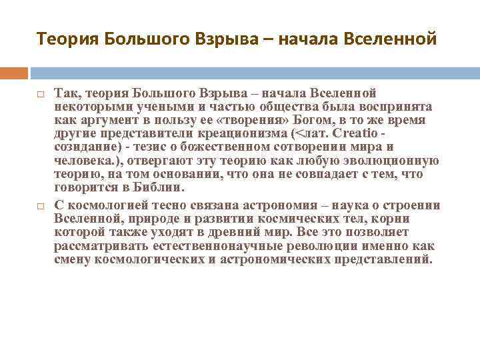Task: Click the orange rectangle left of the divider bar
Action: [x=14, y=72]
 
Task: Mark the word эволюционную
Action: [x=395, y=160]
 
